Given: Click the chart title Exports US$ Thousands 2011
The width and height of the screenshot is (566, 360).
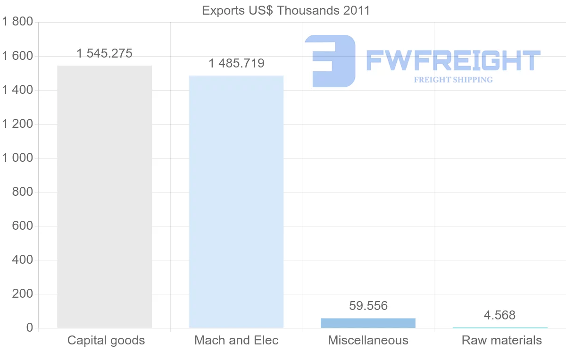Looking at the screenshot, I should (286, 10).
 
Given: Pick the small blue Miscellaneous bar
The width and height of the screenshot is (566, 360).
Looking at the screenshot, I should (368, 323).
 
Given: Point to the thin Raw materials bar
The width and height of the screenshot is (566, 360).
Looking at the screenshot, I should (500, 327).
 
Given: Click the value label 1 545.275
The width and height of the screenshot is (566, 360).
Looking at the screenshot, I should (104, 53).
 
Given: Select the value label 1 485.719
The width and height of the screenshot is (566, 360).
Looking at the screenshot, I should (236, 63).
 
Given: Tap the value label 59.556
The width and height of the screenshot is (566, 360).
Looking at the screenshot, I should (368, 306).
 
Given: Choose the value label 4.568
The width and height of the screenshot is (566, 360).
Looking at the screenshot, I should (500, 315).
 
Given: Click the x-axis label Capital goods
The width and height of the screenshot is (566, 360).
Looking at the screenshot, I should (106, 340).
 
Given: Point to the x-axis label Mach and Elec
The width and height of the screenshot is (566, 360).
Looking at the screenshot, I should (236, 340).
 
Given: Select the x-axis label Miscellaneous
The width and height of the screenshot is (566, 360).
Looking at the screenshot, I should (368, 340).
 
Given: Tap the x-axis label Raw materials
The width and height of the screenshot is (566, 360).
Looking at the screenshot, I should (502, 340).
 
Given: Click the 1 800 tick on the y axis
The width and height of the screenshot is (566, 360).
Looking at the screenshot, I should (17, 22).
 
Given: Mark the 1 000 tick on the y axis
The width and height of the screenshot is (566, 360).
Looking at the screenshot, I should (17, 158).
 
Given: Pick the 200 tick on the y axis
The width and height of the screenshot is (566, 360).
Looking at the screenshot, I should (22, 294).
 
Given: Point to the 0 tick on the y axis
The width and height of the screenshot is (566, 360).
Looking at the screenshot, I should (29, 328).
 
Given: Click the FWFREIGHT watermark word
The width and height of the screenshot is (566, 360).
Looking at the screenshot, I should (453, 61).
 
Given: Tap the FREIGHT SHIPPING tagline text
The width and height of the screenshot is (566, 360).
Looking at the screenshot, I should (453, 80).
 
